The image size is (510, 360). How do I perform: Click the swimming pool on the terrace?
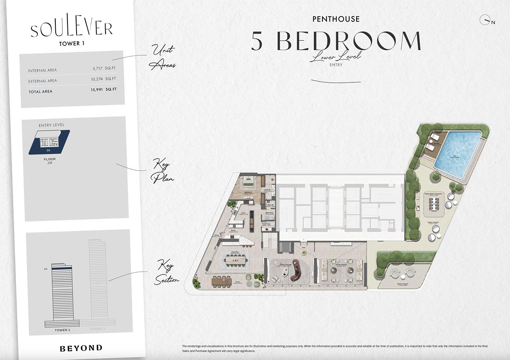pos(457,154)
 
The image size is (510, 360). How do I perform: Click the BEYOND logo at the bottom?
pos(81,348)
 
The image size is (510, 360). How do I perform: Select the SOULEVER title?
pos(71,29)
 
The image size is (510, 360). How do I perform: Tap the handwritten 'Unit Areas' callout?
pos(162,57)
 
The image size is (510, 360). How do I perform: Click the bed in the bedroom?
pos(248,182)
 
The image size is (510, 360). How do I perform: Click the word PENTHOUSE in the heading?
pos(336,18)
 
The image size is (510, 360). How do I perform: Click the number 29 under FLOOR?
pos(49,162)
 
